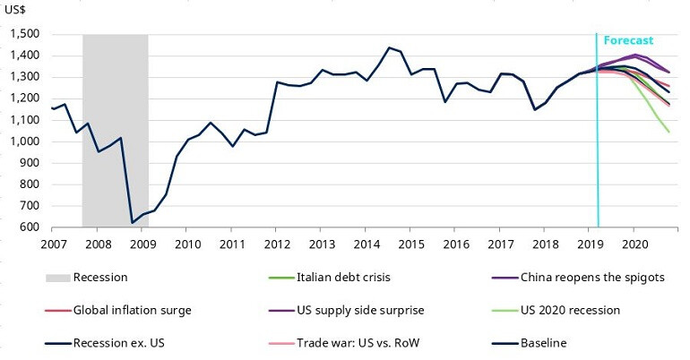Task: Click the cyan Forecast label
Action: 628,40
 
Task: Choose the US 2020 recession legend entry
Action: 573,310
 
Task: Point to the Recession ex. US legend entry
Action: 132,342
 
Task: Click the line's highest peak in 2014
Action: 389,47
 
